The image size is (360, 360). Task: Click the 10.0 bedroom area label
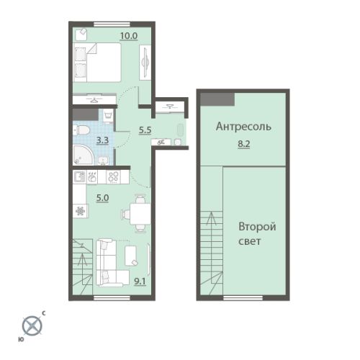point(129,36)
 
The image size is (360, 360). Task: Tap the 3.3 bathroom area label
point(102,140)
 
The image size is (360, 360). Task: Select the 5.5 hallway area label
point(145,130)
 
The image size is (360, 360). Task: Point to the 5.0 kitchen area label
point(102,198)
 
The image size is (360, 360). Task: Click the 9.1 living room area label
point(140,282)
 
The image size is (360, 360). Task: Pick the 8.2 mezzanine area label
point(244,144)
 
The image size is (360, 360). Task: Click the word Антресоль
point(243,127)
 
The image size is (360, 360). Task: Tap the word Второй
point(257,227)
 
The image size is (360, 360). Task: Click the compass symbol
point(32,326)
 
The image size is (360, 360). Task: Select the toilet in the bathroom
point(82,130)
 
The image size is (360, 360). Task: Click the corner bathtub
point(83,155)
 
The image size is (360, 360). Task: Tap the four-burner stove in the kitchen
point(113,177)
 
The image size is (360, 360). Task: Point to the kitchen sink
point(79,177)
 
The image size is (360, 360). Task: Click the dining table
point(140,214)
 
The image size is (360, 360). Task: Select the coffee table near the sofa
point(131,256)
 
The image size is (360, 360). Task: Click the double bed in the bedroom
point(97,63)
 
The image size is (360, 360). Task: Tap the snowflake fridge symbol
point(80,211)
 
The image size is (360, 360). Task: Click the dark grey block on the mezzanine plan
point(217,99)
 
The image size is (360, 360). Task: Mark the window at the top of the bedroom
point(112,24)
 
